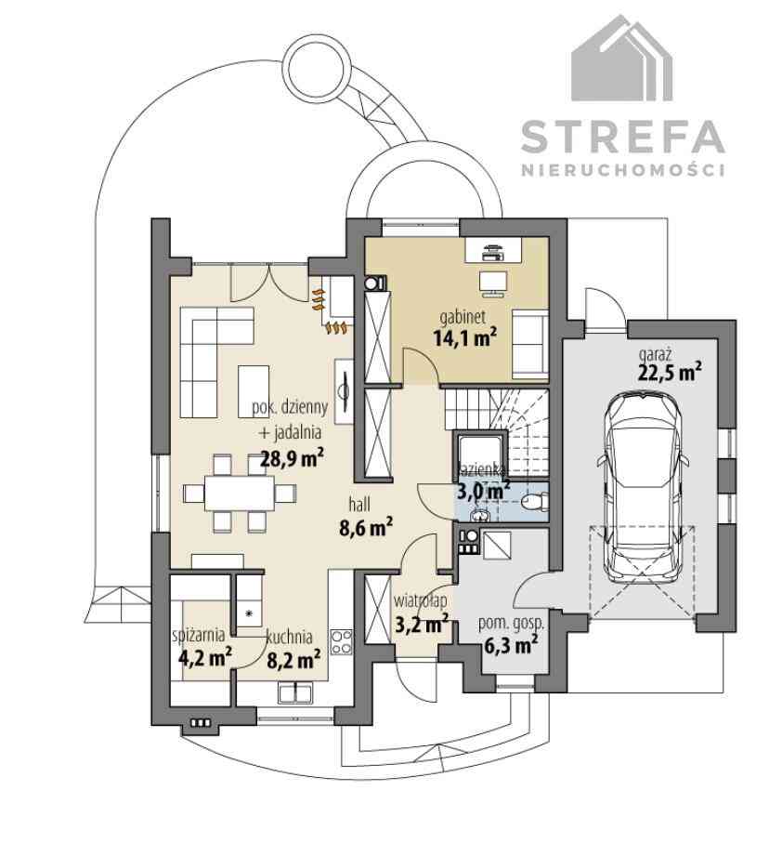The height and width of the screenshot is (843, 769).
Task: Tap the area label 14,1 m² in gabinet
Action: [x=464, y=337]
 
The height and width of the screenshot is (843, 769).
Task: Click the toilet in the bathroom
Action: [x=534, y=502]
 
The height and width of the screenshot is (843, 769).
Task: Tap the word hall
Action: [x=359, y=505]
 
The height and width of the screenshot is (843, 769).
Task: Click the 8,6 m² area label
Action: [x=365, y=528]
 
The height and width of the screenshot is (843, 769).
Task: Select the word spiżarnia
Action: [x=199, y=636]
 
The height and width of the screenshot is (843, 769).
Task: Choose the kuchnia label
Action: [x=290, y=637]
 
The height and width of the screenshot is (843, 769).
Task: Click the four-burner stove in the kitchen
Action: [x=341, y=641]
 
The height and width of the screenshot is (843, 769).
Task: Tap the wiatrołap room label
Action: [x=420, y=600]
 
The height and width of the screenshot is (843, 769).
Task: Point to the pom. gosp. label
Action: [x=511, y=624]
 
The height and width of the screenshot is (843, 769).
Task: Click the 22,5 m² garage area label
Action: [x=670, y=372]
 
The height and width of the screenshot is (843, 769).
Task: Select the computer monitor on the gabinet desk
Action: [x=493, y=283]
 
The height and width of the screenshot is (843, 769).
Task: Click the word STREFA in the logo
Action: [x=623, y=137]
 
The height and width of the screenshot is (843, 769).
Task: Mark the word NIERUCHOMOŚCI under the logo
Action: [x=623, y=170]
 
